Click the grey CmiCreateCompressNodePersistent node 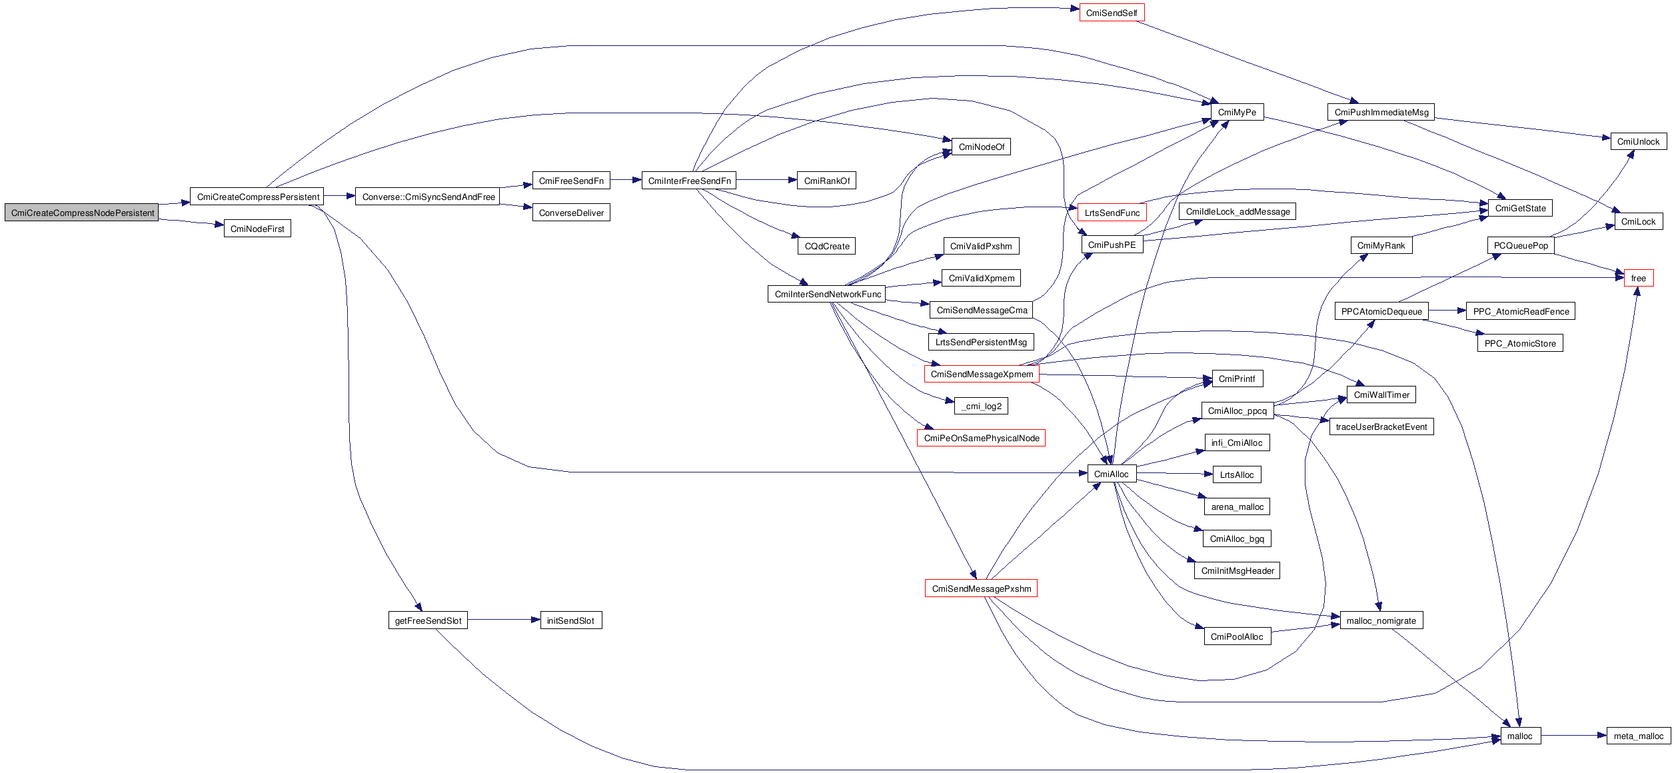pos(82,213)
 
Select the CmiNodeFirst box pos(257,229)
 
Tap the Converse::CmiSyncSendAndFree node pos(428,197)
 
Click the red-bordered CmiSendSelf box pos(1111,13)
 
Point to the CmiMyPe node pos(1236,112)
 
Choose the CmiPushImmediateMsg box pos(1381,112)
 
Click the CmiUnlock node pos(1638,141)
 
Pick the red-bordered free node pos(1638,278)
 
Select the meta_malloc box pos(1638,736)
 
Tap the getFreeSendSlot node pos(428,620)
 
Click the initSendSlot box pos(570,620)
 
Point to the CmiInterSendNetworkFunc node pos(827,294)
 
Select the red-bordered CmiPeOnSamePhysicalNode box pos(981,438)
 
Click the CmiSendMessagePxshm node pos(981,588)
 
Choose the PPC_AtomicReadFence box pos(1521,311)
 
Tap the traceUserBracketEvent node pos(1381,426)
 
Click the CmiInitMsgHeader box pos(1237,570)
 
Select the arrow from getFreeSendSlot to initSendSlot pos(503,620)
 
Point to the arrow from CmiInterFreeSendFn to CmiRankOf pos(766,180)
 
